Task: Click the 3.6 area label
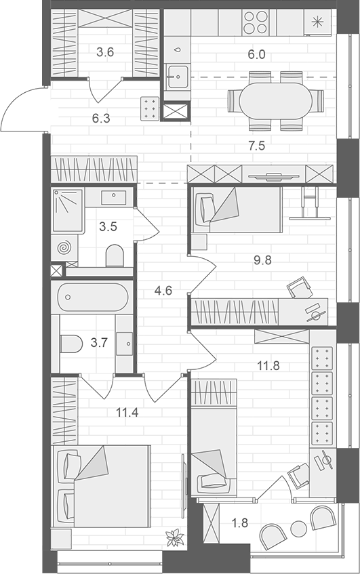pyautogui.click(x=104, y=50)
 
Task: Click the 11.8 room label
pyautogui.click(x=268, y=367)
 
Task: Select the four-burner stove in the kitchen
pyautogui.click(x=257, y=23)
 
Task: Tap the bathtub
pyautogui.click(x=93, y=296)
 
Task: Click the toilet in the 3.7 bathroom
pyautogui.click(x=71, y=344)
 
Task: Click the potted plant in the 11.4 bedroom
pyautogui.click(x=176, y=538)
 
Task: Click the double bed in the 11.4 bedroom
pyautogui.click(x=102, y=485)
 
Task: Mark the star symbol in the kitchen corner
pyautogui.click(x=317, y=21)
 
